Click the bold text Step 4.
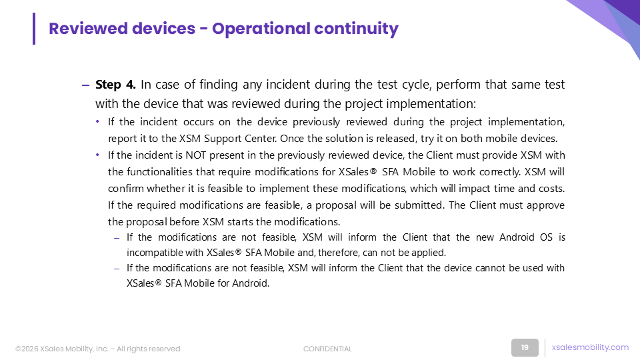(115, 85)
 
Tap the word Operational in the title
(261, 29)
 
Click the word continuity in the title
(356, 29)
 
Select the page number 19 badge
(525, 348)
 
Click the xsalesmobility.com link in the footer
(590, 347)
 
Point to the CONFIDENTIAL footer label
(327, 349)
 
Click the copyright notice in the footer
(97, 349)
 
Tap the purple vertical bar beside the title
(34, 29)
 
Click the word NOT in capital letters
(195, 155)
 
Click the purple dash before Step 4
(85, 85)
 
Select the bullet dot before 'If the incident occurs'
(97, 121)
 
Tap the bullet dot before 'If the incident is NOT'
(97, 155)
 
